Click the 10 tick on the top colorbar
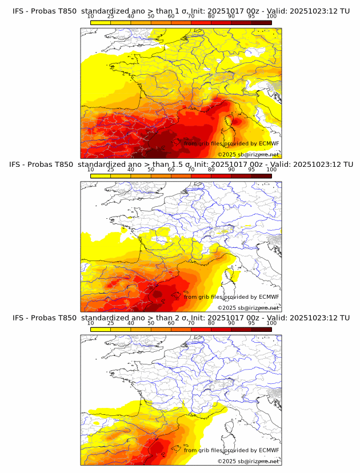[x=91, y=17]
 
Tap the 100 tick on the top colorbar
[x=271, y=17]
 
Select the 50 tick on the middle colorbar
[x=151, y=170]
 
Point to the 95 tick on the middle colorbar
[x=251, y=170]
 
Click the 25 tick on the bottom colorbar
[x=111, y=323]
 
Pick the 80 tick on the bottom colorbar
[x=211, y=323]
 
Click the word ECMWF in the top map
[x=269, y=143]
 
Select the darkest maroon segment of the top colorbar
[x=261, y=22]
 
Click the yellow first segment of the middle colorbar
[x=101, y=176]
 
